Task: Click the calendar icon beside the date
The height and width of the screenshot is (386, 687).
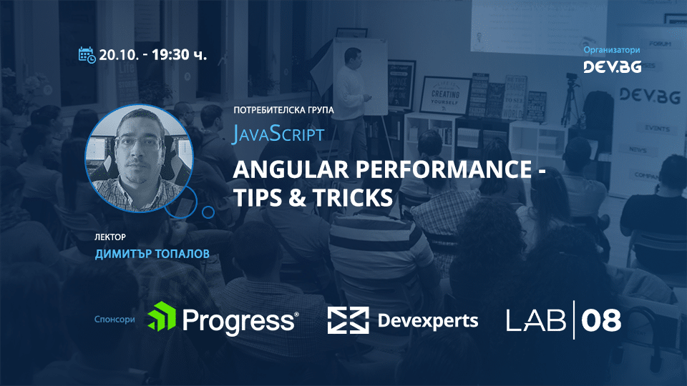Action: (x=87, y=54)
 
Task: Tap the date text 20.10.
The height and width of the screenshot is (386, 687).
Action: (x=119, y=55)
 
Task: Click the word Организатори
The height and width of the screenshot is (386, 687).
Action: (x=612, y=50)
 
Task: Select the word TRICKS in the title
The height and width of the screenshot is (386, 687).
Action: (x=351, y=197)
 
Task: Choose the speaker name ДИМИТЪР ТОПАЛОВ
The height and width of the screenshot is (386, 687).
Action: (x=147, y=254)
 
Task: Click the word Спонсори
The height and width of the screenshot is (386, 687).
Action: (x=114, y=320)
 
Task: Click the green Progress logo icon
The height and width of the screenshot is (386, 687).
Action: (x=162, y=317)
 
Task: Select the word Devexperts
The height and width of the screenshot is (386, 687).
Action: (x=427, y=320)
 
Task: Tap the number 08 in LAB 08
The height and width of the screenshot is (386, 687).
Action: (x=600, y=320)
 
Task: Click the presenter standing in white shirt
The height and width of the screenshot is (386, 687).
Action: (x=352, y=82)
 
